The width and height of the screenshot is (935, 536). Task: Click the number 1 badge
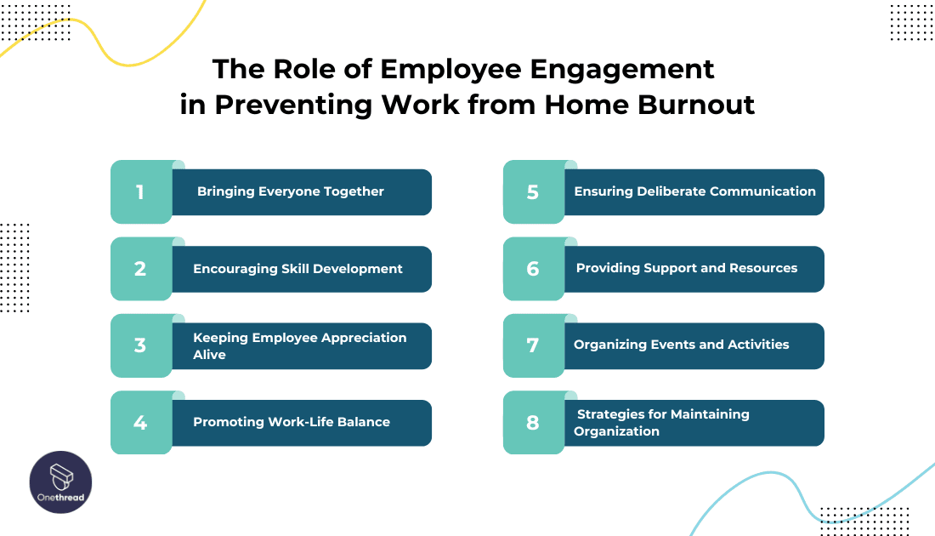(141, 192)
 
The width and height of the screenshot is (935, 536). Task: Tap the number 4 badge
(141, 422)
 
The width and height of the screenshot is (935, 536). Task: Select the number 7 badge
(533, 345)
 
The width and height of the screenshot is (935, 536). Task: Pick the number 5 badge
(533, 192)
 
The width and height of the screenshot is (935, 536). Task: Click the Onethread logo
(61, 482)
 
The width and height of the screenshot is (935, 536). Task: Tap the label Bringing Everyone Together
(291, 191)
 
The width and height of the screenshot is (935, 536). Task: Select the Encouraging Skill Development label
(297, 269)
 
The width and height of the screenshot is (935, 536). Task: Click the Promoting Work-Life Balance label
(292, 422)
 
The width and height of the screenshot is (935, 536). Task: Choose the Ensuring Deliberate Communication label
(694, 191)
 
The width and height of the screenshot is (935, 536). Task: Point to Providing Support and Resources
(687, 268)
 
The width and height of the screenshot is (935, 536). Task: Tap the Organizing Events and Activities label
(682, 345)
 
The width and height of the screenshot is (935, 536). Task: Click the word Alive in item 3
(209, 354)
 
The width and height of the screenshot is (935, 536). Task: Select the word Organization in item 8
(616, 431)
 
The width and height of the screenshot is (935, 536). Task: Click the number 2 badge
(141, 269)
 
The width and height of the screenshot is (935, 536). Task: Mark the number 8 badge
(533, 422)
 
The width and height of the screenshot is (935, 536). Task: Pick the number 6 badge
(533, 269)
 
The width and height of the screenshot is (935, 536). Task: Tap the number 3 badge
(141, 345)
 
